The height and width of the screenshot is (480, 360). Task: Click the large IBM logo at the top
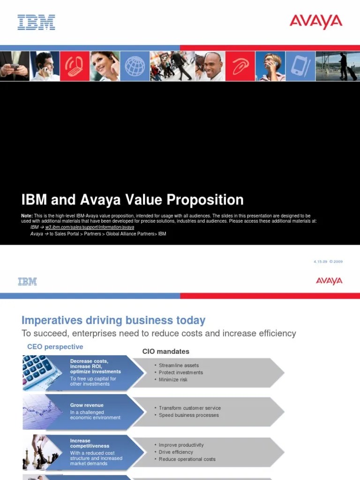[37, 22]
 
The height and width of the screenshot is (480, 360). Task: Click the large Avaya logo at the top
[316, 22]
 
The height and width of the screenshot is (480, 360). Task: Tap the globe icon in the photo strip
[135, 67]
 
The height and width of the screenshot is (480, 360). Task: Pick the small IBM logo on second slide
[27, 281]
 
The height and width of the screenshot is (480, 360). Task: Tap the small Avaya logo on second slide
[329, 281]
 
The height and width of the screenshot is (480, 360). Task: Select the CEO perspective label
[55, 347]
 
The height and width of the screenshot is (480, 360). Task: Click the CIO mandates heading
[166, 351]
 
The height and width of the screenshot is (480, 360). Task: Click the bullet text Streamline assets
[179, 365]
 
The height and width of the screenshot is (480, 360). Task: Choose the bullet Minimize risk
[173, 380]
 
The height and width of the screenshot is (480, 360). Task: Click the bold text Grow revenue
[87, 405]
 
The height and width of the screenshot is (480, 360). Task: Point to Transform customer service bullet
[190, 408]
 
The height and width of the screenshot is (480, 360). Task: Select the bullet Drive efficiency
[176, 452]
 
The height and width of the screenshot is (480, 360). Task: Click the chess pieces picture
[39, 452]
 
